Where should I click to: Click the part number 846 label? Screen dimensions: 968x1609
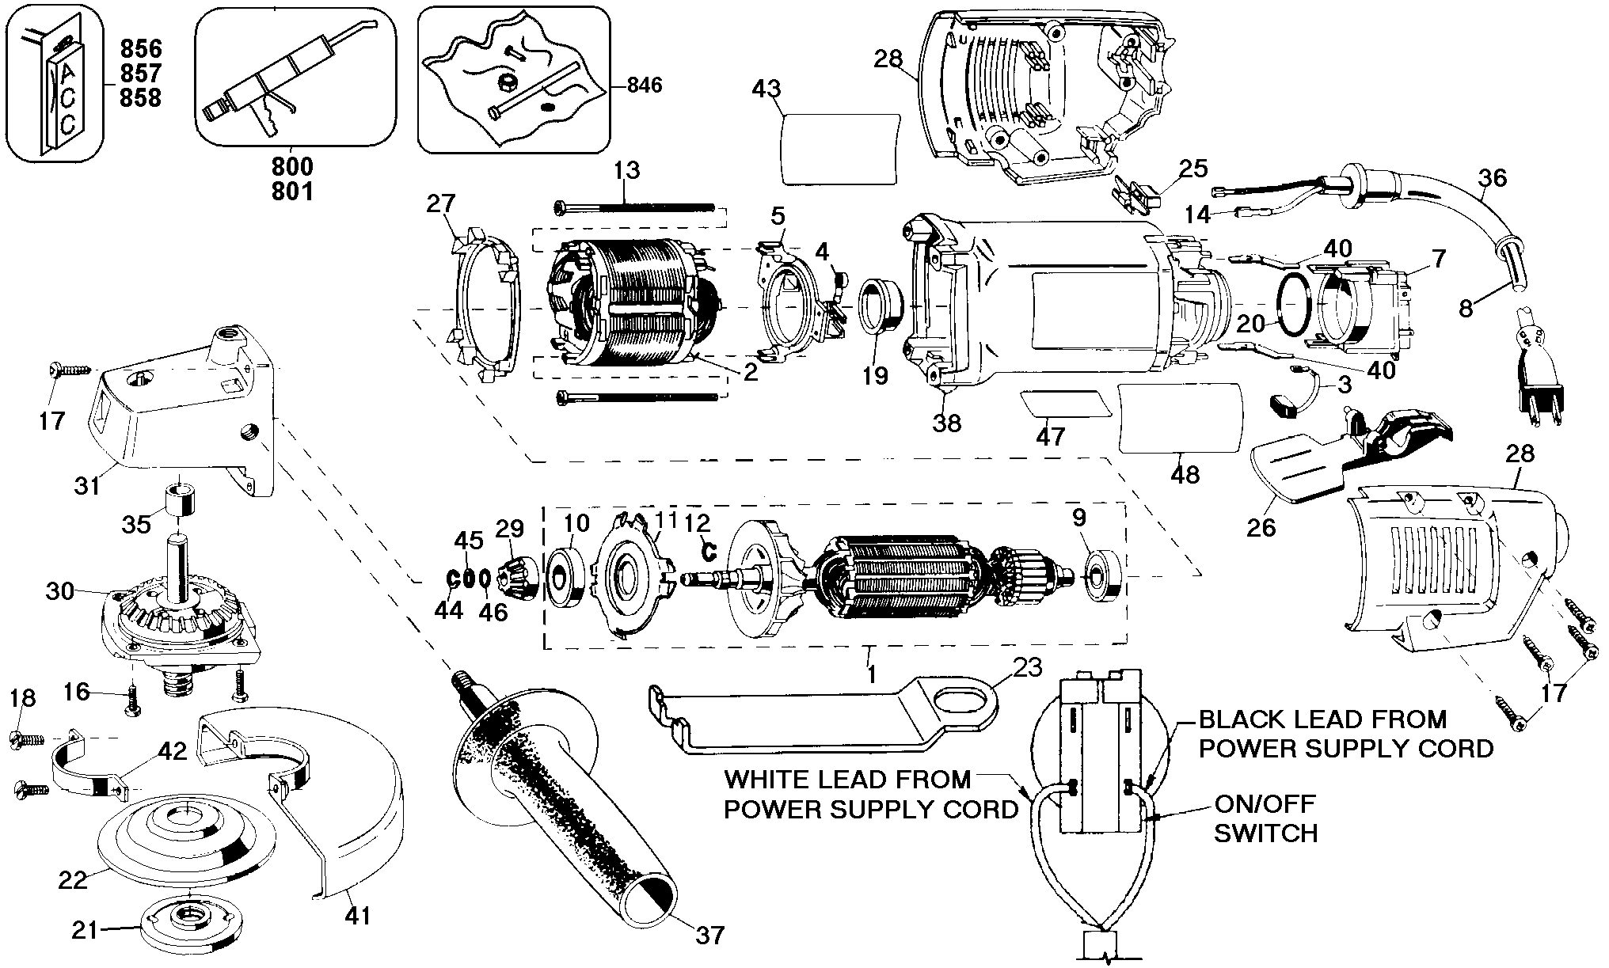(x=644, y=85)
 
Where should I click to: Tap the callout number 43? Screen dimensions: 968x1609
(x=766, y=89)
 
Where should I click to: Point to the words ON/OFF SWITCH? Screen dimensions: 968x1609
(x=1265, y=818)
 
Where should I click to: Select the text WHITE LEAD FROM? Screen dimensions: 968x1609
(x=847, y=780)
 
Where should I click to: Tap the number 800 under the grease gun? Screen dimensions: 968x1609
(x=292, y=167)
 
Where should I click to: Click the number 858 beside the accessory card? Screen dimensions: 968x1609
(x=141, y=97)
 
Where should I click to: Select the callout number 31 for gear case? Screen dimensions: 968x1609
(x=87, y=484)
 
